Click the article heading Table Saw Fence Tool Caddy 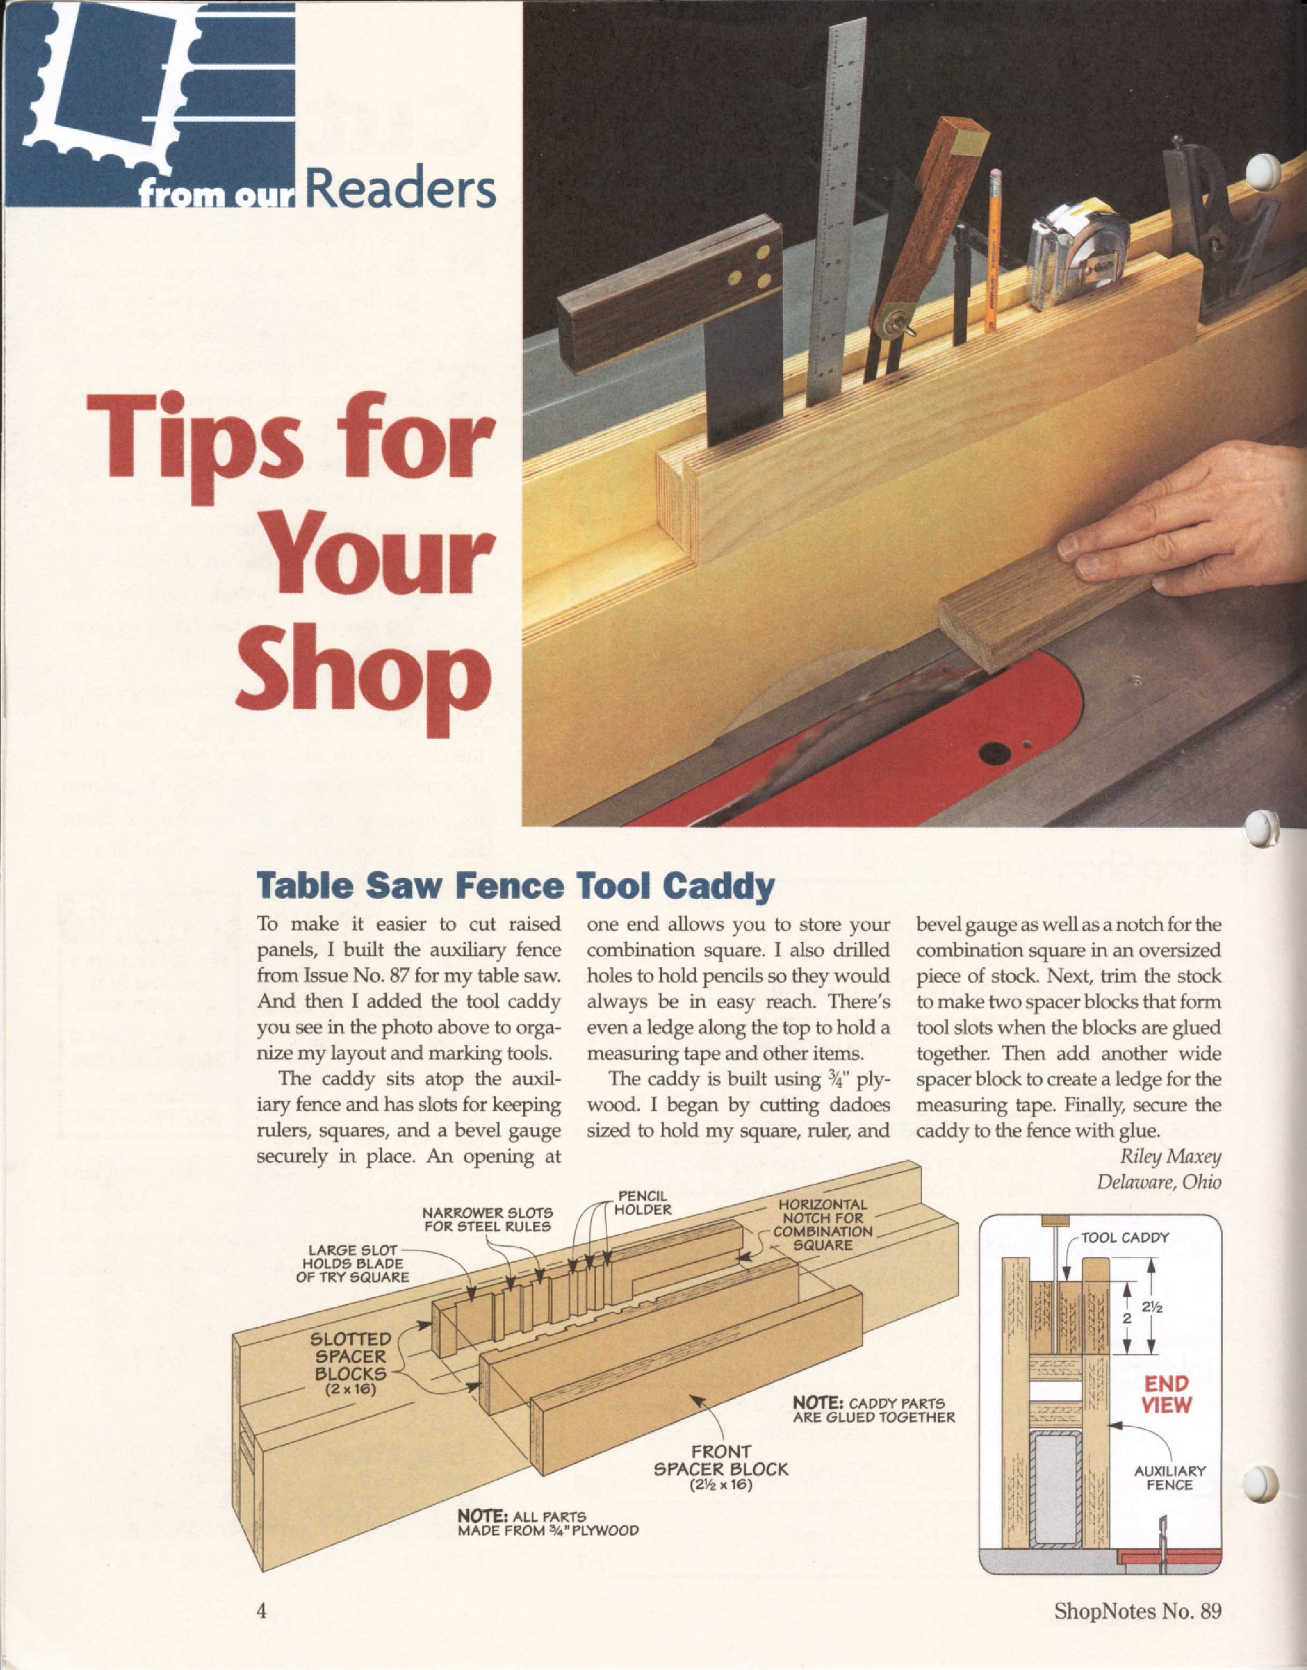(517, 887)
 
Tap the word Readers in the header (400, 191)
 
